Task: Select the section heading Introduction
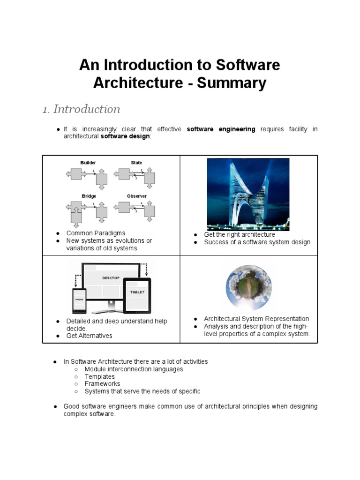[86, 109]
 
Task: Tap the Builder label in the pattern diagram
[88, 163]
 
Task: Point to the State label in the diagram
[136, 163]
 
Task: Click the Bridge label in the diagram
[89, 196]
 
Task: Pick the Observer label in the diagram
[136, 196]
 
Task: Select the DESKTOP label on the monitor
[111, 278]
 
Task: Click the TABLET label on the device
[137, 292]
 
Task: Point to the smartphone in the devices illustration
[79, 300]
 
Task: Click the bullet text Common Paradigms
[96, 233]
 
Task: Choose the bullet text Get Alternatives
[89, 336]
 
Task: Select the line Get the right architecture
[240, 234]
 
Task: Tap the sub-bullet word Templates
[99, 376]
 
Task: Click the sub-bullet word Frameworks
[102, 384]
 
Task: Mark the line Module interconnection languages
[134, 369]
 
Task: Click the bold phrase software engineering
[221, 129]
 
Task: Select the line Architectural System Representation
[256, 319]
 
